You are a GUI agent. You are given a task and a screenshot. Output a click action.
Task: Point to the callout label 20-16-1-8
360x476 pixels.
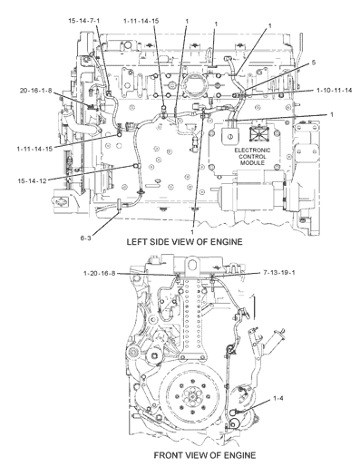point(35,91)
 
